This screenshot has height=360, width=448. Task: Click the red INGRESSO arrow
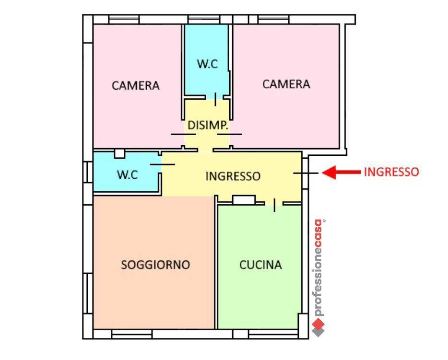point(341,172)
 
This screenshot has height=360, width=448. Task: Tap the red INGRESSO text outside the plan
point(391,172)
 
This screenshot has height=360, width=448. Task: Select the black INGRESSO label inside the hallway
point(233,176)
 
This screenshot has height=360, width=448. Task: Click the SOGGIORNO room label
point(155,265)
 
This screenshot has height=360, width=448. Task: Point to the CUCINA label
point(260,265)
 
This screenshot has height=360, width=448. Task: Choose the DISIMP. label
point(208,125)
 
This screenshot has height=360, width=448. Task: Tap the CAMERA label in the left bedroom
point(136,86)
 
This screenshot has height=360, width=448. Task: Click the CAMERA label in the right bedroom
point(286,84)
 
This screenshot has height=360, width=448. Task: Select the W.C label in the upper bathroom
point(207,64)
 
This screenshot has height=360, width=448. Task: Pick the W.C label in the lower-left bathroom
point(128,174)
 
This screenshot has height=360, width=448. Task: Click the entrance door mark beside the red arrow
point(306,173)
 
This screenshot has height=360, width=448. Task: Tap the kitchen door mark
point(274,205)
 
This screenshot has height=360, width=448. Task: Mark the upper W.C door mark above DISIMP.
point(215,99)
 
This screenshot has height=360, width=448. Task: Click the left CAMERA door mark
point(183,134)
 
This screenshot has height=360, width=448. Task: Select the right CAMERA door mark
point(229,134)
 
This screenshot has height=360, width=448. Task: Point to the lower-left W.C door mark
point(162,164)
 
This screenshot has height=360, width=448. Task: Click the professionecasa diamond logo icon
point(318,328)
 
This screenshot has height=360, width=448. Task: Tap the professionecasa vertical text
point(318,267)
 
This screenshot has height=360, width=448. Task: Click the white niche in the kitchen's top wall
point(244,200)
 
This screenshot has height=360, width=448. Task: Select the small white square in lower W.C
point(119,153)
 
